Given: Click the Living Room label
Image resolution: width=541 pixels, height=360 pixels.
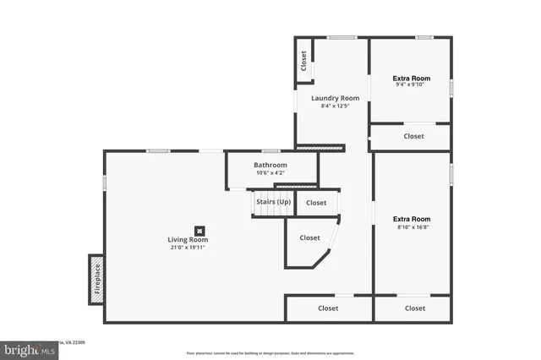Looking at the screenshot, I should (188, 240).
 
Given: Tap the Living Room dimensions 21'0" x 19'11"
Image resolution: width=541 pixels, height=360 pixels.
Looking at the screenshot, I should (188, 248).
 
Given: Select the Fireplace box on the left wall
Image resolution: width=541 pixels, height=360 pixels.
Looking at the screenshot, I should (96, 280).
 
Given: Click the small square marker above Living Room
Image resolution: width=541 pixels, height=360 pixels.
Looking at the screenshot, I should (199, 229).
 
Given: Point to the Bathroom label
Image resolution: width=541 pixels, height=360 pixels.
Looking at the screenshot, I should (270, 165).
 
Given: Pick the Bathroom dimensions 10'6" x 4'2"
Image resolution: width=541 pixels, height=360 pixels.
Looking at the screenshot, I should (270, 173).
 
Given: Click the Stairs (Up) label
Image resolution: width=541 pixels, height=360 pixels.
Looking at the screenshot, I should (273, 202).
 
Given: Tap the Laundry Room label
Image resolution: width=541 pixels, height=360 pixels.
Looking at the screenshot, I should (329, 98).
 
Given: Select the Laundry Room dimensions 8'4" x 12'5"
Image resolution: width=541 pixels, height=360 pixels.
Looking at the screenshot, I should (329, 106).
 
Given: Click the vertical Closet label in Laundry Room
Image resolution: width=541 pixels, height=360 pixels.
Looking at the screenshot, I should (303, 62).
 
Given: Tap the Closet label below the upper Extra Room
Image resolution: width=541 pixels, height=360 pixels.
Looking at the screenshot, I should (413, 136).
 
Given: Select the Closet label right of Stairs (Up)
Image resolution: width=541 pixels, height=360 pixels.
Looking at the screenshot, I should (316, 203).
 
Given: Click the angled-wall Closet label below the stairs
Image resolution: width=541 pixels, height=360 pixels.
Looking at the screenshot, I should (309, 238).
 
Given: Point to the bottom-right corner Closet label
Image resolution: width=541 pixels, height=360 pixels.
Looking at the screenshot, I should (414, 308).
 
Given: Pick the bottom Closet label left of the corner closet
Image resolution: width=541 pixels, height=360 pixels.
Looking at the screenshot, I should (328, 308).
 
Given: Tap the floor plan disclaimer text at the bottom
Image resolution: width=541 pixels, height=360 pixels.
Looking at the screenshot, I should (270, 352).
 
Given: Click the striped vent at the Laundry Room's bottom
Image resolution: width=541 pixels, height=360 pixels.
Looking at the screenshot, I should (321, 149).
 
